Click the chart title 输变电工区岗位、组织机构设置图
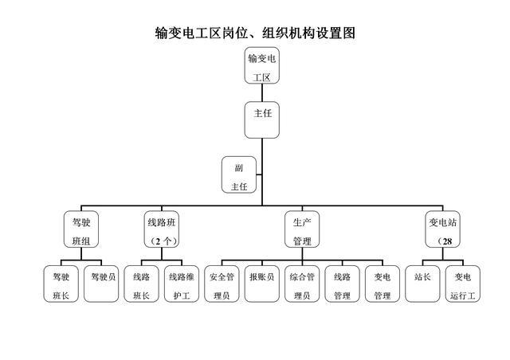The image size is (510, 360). (x=255, y=33)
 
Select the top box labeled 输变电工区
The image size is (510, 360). (x=262, y=67)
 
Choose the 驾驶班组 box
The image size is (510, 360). (x=80, y=229)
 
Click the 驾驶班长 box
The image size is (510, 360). (x=61, y=284)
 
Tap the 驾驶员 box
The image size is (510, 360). (x=102, y=284)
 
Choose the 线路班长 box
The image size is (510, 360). (x=142, y=284)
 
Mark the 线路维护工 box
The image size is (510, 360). (x=182, y=284)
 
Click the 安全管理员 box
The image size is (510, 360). (x=222, y=284)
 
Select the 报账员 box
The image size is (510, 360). (x=262, y=284)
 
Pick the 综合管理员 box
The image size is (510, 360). (x=302, y=284)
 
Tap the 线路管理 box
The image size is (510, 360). (x=343, y=284)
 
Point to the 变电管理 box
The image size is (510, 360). (x=382, y=284)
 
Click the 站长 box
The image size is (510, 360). (x=422, y=284)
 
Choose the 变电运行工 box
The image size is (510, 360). (x=463, y=284)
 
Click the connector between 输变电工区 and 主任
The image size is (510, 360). (x=262, y=93)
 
